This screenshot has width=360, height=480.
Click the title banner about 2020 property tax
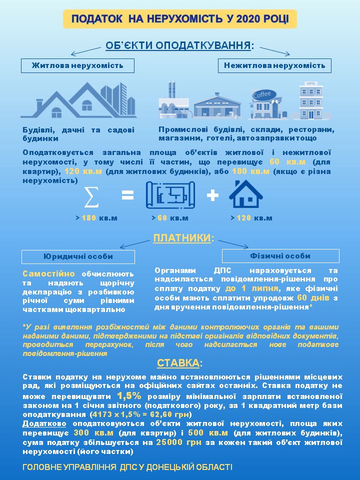[x=179, y=19]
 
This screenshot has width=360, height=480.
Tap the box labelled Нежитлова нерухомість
[x=274, y=65]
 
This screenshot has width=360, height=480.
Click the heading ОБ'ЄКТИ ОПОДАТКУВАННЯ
[x=179, y=45]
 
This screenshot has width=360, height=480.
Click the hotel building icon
[x=311, y=100]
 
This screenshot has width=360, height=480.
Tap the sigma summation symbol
[x=91, y=196]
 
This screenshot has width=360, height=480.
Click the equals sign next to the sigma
[x=128, y=195]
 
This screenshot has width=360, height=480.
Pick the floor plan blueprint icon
[x=170, y=195]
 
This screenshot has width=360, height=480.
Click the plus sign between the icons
[x=212, y=195]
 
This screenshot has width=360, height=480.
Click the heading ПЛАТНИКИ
[x=183, y=238]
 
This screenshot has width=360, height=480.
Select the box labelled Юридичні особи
[x=78, y=256]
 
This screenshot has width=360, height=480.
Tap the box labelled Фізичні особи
[x=280, y=256]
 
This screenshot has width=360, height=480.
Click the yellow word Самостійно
[x=48, y=273]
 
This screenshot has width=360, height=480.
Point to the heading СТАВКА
[x=179, y=362]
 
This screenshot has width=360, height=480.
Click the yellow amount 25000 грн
[x=179, y=442]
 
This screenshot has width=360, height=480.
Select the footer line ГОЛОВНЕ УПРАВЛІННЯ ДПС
[x=127, y=467]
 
